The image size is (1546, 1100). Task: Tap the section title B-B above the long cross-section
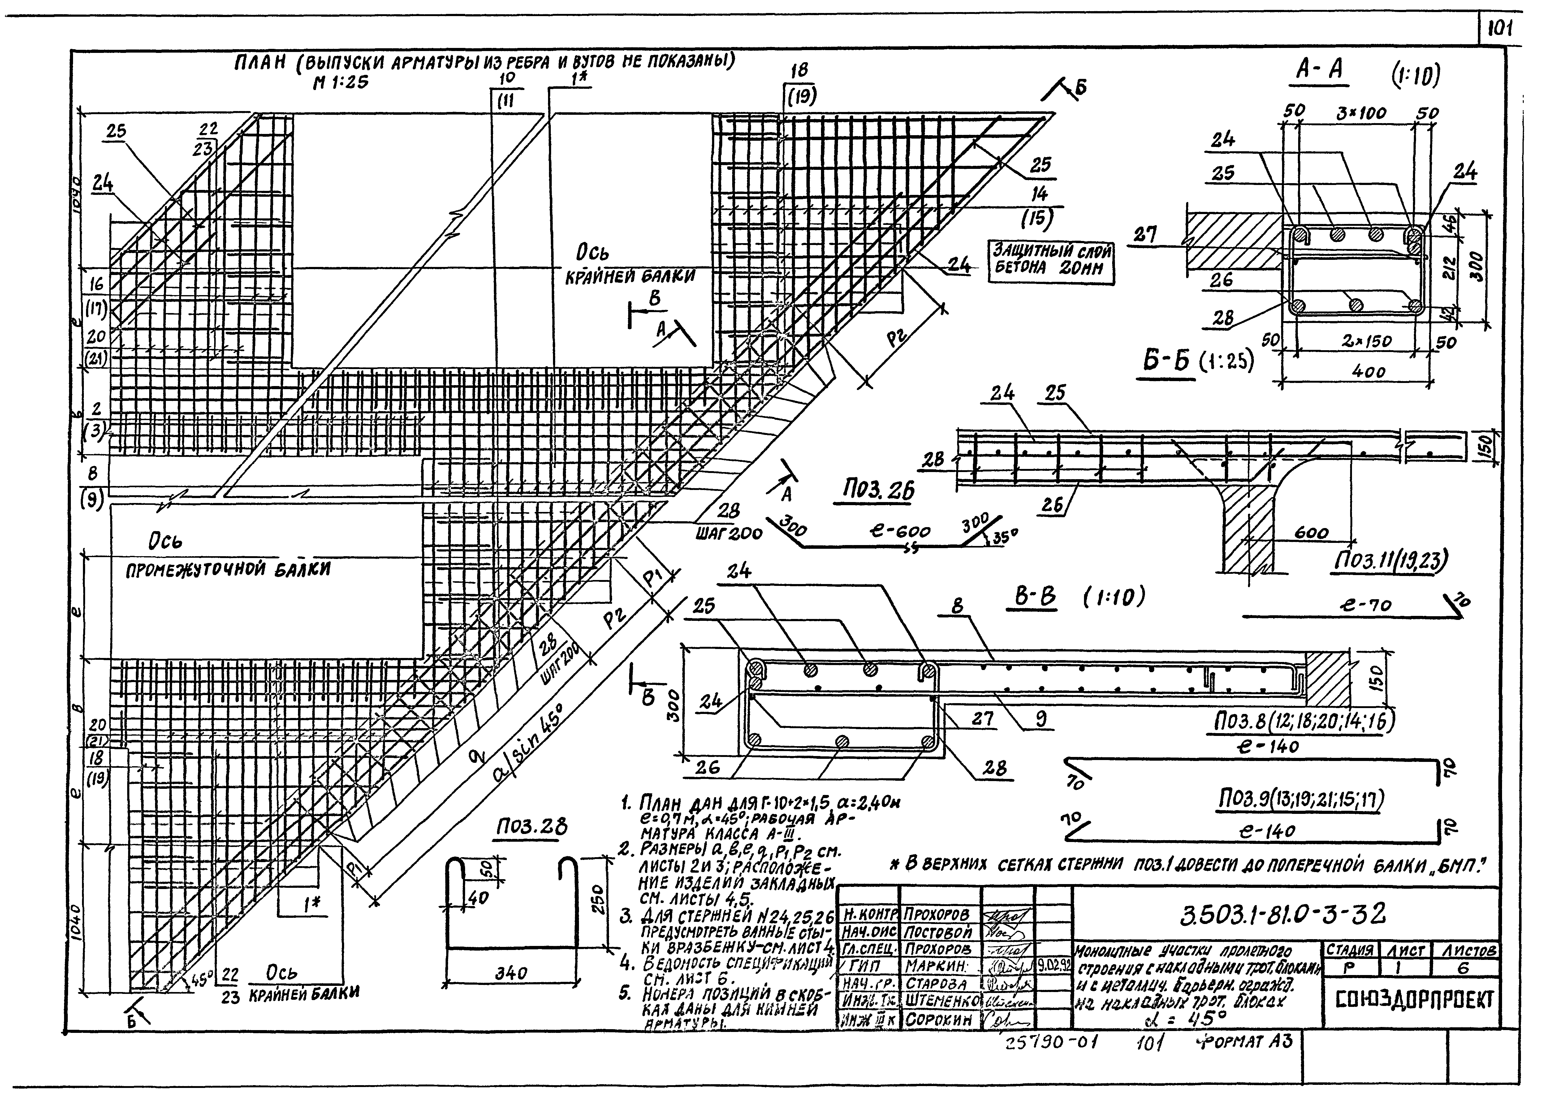[x=1031, y=597]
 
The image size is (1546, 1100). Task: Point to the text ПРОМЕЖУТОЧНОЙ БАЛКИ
[x=228, y=569]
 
